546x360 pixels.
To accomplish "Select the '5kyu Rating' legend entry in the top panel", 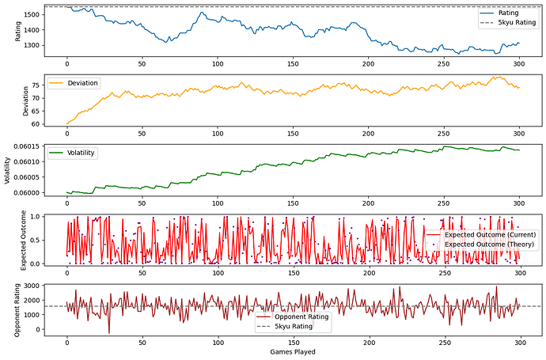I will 508,23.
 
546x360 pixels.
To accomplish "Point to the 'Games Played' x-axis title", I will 294,351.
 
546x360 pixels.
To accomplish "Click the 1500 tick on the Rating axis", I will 32,15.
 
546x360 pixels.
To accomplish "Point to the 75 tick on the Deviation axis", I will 37,85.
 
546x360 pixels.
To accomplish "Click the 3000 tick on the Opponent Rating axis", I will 32,285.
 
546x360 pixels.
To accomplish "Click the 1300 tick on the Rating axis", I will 32,45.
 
